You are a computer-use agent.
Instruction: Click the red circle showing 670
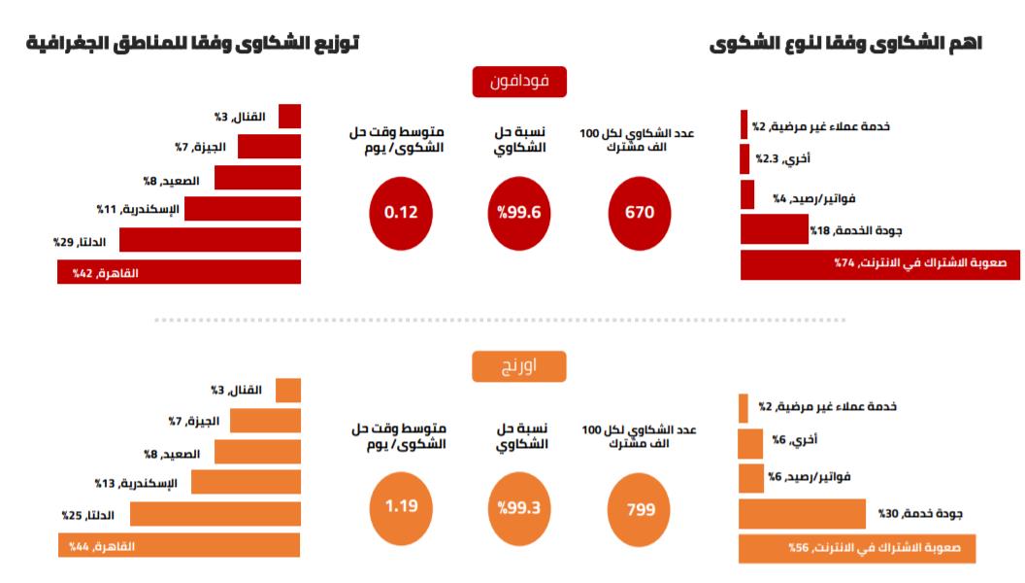pyautogui.click(x=640, y=212)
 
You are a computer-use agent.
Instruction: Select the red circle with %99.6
pyautogui.click(x=519, y=212)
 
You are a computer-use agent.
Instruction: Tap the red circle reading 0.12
pyautogui.click(x=400, y=212)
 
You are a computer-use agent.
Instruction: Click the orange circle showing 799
pyautogui.click(x=640, y=509)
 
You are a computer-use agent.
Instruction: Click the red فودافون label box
pyautogui.click(x=519, y=82)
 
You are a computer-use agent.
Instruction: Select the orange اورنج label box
pyautogui.click(x=519, y=366)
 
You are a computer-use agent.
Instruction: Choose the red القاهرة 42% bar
pyautogui.click(x=180, y=273)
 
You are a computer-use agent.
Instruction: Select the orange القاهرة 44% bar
pyautogui.click(x=180, y=547)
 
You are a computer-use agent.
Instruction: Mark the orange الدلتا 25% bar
pyautogui.click(x=215, y=514)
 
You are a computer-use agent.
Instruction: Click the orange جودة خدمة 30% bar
pyautogui.click(x=802, y=513)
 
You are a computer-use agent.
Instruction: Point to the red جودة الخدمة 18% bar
pyautogui.click(x=774, y=230)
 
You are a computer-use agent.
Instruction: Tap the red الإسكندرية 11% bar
pyautogui.click(x=243, y=209)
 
